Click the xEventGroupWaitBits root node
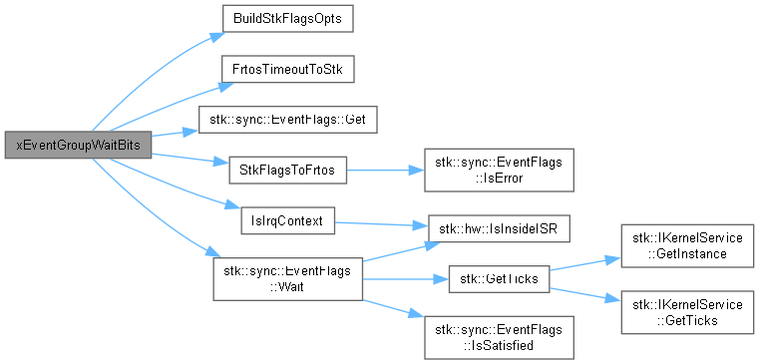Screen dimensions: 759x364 point(79,145)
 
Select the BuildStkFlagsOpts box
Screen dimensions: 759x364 point(287,19)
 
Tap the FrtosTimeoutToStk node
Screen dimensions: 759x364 point(287,69)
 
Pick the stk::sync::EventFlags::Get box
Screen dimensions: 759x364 point(287,120)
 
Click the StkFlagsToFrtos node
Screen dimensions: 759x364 point(287,170)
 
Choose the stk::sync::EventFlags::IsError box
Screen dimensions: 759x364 point(499,170)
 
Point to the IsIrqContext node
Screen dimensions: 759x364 point(287,220)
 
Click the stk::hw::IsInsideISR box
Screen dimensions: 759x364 point(499,229)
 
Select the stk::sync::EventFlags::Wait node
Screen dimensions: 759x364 point(287,279)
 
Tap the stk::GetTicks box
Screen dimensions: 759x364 point(499,279)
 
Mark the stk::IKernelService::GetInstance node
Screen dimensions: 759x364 point(687,246)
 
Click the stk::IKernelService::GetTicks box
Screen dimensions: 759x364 point(687,312)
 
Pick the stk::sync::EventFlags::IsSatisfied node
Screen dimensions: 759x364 point(499,337)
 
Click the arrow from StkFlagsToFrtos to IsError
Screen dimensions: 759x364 point(385,170)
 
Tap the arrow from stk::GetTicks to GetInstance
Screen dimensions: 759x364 point(585,264)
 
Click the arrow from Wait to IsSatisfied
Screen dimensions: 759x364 point(393,309)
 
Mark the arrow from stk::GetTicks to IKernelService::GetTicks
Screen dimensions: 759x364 point(585,295)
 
